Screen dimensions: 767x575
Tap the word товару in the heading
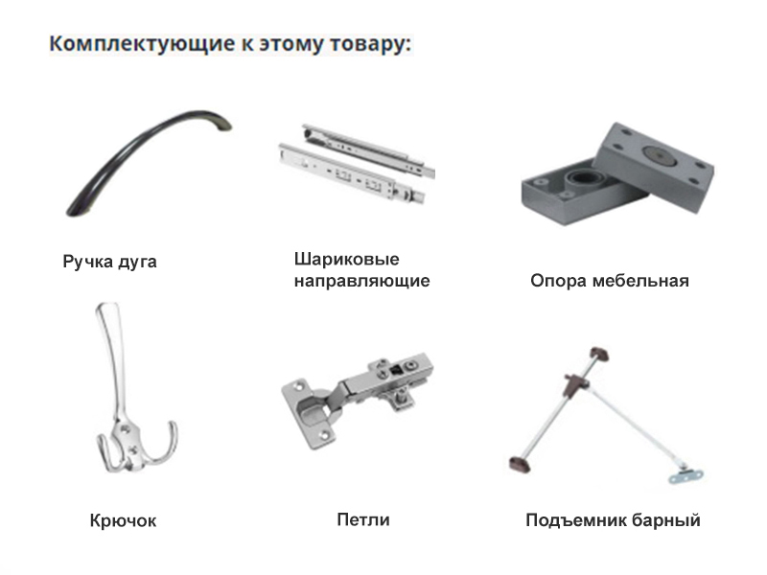370,44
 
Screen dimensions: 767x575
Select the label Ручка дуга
109,262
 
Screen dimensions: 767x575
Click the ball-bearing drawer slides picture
357,164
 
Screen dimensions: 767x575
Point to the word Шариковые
346,259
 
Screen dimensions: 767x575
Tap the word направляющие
362,281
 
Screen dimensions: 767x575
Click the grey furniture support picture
617,173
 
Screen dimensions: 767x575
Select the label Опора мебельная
610,281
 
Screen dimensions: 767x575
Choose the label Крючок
124,520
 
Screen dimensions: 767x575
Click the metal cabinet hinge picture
358,400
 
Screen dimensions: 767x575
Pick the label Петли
363,519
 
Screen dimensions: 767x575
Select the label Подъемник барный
613,519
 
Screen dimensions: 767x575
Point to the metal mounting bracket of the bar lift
686,475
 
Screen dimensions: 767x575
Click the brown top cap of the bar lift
598,353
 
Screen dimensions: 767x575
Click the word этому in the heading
291,44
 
